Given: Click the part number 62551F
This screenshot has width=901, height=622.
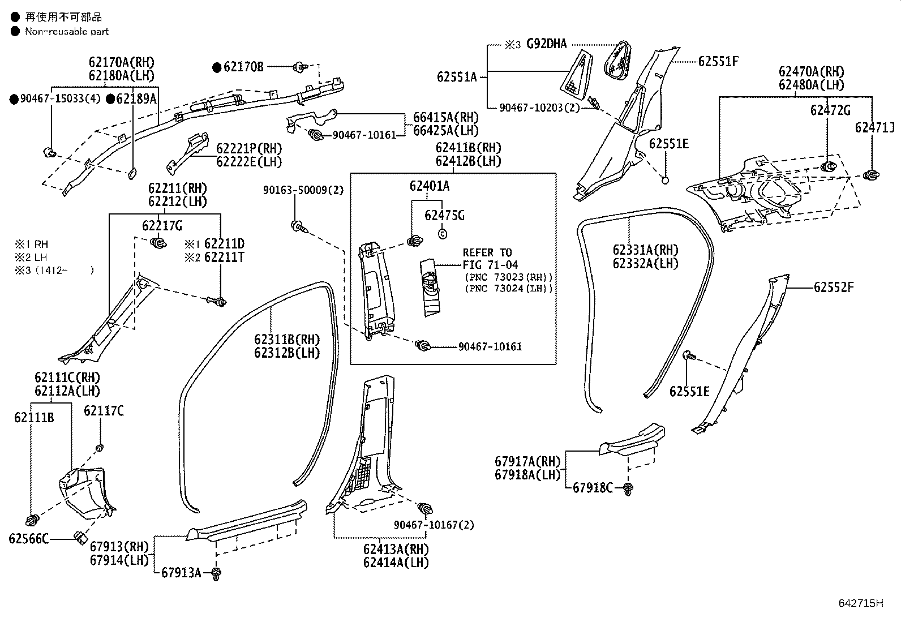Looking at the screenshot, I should pos(718,62).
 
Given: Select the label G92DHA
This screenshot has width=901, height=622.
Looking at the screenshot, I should pos(546,44).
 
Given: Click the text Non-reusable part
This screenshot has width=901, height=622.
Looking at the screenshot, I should pos(67,32).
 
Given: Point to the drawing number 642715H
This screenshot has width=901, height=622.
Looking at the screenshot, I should pos(860,603).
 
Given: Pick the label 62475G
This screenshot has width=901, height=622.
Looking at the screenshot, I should pos(444,216).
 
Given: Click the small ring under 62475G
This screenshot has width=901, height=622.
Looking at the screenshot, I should pos(443,233).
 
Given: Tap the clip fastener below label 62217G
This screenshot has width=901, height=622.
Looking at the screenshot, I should pos(158,244).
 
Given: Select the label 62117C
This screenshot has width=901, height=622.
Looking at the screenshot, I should pos(104,411).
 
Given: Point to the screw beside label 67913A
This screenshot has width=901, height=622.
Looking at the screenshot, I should pos(216,573).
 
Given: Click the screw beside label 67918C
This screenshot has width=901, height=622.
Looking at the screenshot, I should pos(628,488).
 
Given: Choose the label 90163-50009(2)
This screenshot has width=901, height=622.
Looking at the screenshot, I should pos(303,191).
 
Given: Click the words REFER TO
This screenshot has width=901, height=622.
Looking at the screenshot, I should pos(487,252).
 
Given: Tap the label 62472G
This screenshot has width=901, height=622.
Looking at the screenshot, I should pos(830,111).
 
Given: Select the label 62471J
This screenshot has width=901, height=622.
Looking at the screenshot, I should pos(874,128).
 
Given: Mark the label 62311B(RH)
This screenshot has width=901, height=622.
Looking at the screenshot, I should pos(287,340).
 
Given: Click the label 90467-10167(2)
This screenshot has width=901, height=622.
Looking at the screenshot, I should pos(434,525).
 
